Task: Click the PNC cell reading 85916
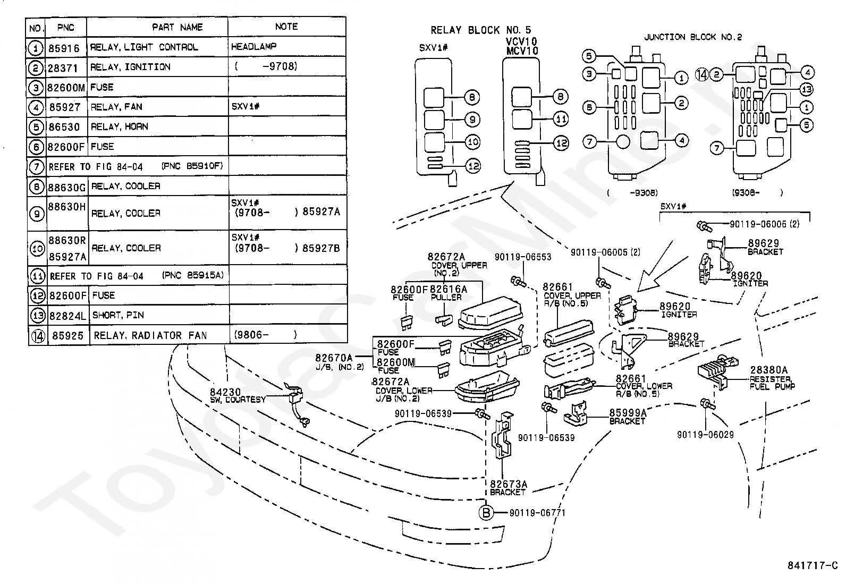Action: coord(64,48)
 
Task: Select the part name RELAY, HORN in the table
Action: coord(120,126)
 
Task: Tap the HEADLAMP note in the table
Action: coord(254,46)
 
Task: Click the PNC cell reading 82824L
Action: coord(68,316)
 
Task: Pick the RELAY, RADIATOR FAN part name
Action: coord(150,335)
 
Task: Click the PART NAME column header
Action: coord(177,27)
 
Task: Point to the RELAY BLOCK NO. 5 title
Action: coord(481,30)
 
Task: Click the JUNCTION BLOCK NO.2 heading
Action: coord(693,37)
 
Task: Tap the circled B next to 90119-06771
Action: coord(486,513)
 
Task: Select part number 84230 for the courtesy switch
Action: coord(225,392)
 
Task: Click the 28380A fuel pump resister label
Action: coord(768,370)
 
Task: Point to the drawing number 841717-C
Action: coord(813,565)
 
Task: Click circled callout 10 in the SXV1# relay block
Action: coord(473,142)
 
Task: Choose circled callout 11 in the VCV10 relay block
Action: coord(561,120)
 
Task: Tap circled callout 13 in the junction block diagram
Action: coord(806,89)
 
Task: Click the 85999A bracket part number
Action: coord(628,413)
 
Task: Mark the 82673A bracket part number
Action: coord(509,484)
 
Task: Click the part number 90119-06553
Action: coord(523,257)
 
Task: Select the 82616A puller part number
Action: coord(449,290)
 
